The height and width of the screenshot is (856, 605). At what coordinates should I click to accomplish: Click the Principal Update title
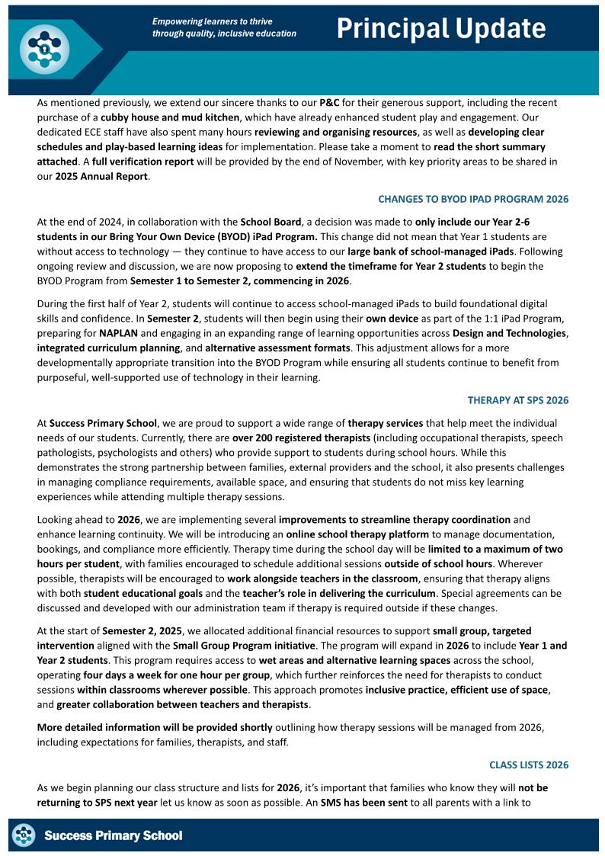click(441, 29)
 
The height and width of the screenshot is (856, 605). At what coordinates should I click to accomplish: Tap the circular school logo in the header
click(44, 50)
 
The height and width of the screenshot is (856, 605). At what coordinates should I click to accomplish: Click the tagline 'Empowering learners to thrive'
click(212, 22)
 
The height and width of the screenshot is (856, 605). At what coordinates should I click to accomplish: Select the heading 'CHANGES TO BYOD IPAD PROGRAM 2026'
click(473, 200)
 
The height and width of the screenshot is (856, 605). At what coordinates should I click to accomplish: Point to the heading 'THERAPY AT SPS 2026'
click(517, 400)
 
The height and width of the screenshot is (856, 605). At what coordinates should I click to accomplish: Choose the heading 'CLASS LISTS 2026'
click(528, 765)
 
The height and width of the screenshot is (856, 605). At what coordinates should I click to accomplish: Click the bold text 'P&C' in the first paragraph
click(329, 102)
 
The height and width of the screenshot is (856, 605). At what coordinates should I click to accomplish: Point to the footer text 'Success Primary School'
click(113, 836)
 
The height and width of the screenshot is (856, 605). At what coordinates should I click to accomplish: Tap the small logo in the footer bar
click(24, 835)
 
